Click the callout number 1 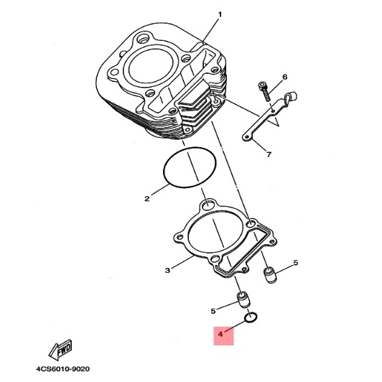(x=220, y=15)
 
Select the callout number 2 (x=147, y=199)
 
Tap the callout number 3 (x=167, y=271)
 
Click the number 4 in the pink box (x=220, y=335)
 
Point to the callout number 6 (x=285, y=77)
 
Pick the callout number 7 (x=269, y=154)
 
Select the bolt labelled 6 (x=264, y=92)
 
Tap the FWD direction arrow (x=60, y=350)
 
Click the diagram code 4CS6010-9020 (x=62, y=369)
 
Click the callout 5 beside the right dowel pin (x=296, y=263)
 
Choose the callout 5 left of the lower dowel (x=213, y=311)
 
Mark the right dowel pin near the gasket (x=270, y=276)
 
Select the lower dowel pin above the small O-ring (x=243, y=300)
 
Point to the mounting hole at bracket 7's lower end (x=246, y=138)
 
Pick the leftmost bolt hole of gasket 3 (x=180, y=237)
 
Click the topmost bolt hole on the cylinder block (x=143, y=38)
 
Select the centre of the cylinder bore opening (x=151, y=67)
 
